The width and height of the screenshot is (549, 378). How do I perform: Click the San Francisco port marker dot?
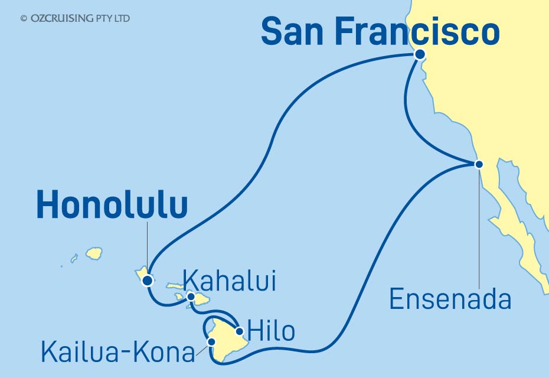[x=420, y=54]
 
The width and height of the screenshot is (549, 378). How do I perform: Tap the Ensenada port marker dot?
[x=479, y=164]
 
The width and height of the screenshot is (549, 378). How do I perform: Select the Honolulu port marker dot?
[x=147, y=281]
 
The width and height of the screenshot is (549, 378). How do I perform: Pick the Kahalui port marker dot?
[x=191, y=296]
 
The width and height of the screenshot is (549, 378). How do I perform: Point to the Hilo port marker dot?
[x=239, y=331]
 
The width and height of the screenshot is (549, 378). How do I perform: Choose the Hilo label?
[x=271, y=331]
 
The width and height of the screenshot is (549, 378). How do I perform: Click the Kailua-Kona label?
[x=118, y=353]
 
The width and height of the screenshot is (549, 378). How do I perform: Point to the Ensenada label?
[x=450, y=300]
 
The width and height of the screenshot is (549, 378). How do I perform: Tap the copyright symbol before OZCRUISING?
[x=24, y=19]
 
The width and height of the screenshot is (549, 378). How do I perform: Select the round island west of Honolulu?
[x=94, y=253]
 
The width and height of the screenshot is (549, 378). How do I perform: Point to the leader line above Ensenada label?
[x=479, y=230]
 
